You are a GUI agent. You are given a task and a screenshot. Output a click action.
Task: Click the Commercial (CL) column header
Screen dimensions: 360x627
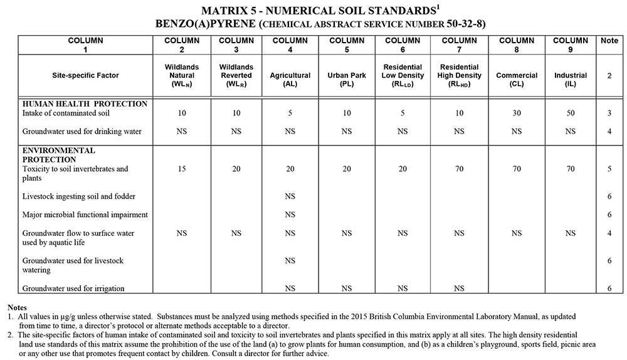(x=517, y=75)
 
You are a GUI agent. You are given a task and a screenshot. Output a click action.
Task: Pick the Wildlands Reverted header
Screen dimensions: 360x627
(x=236, y=75)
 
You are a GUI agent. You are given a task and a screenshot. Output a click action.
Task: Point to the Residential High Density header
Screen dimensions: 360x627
(x=459, y=75)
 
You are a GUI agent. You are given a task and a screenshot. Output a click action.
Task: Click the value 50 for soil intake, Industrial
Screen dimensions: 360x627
(x=570, y=114)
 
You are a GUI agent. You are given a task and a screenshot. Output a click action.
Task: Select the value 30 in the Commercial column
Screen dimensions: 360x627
(x=517, y=114)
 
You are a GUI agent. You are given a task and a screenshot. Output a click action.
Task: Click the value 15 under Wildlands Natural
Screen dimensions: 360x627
(x=182, y=169)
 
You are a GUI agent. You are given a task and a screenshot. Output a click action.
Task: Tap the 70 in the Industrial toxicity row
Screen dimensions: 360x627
(x=570, y=169)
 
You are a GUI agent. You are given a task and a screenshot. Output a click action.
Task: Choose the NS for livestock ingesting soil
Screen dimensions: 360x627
(x=290, y=196)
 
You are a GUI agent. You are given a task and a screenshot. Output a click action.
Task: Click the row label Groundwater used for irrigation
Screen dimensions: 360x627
(x=73, y=289)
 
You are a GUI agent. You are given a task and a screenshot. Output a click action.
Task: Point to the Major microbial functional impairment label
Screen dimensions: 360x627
(x=85, y=214)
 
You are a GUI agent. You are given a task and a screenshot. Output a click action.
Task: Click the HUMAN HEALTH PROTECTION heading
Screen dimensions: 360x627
(x=85, y=103)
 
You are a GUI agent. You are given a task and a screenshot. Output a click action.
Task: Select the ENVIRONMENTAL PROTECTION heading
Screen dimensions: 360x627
(x=59, y=155)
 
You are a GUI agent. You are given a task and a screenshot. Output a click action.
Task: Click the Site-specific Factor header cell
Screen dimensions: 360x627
(x=85, y=75)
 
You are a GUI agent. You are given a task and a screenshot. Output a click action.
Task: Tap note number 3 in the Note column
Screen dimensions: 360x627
(x=609, y=114)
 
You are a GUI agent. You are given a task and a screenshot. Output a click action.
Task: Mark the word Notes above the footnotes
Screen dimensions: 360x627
(x=17, y=307)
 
